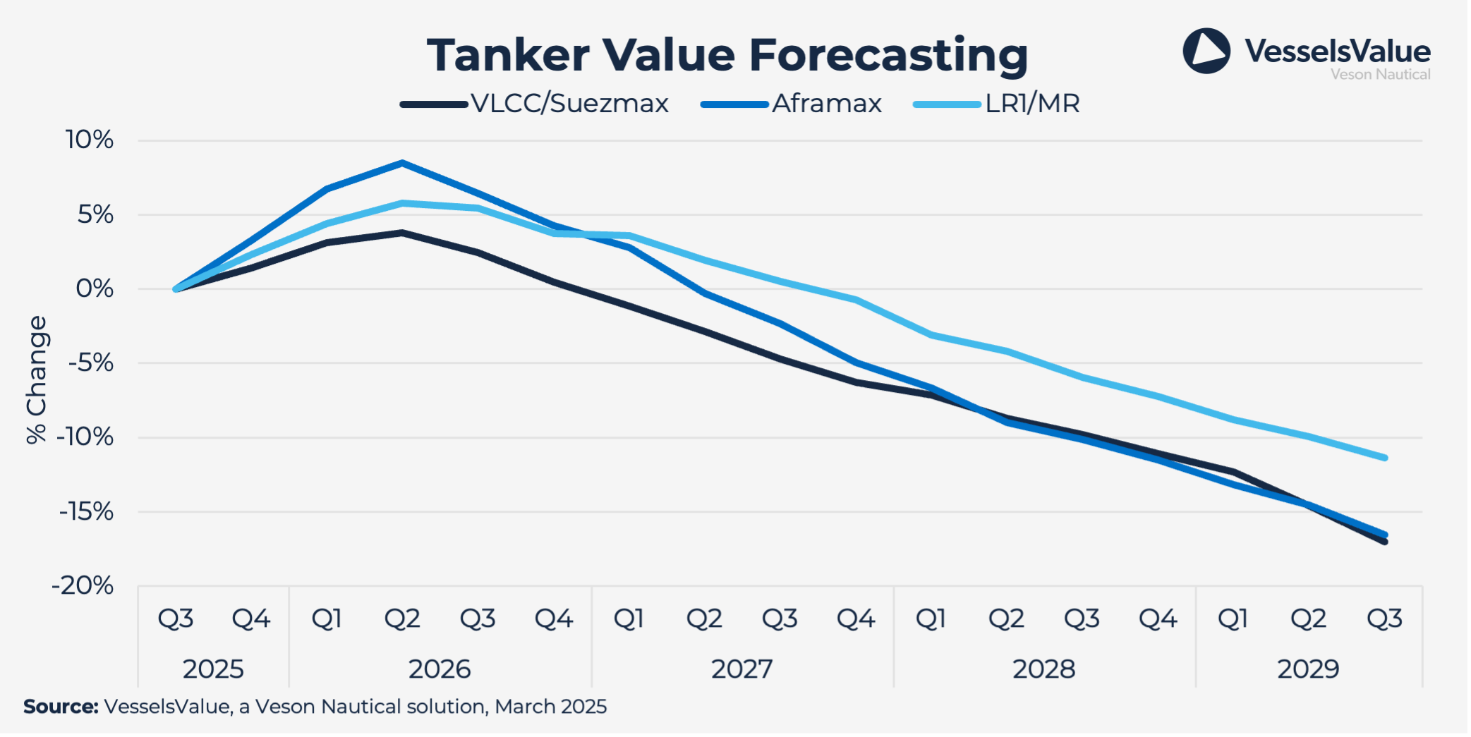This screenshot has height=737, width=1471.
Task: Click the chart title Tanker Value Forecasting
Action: (727, 55)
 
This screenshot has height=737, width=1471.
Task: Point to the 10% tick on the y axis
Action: (90, 140)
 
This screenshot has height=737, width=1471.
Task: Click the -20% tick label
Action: (83, 585)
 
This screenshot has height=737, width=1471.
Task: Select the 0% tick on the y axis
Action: (95, 288)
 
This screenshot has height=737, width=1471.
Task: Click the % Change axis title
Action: (36, 379)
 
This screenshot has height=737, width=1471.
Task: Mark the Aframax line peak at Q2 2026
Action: (402, 163)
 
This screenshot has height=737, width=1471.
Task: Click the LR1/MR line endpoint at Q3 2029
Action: (1385, 458)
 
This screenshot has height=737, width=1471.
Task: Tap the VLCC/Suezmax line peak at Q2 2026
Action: (402, 233)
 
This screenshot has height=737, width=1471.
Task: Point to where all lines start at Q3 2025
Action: (176, 289)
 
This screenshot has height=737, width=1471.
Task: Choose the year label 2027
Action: (741, 669)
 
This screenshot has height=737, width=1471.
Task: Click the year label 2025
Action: (213, 669)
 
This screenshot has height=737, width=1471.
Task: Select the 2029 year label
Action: (1308, 669)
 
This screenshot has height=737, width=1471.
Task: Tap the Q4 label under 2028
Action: (1158, 619)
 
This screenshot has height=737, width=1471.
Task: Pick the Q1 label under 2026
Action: (327, 619)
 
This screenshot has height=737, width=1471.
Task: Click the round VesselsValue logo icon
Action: (1206, 51)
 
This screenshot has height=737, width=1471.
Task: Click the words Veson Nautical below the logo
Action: (1380, 74)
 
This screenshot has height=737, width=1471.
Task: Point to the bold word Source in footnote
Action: (61, 707)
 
